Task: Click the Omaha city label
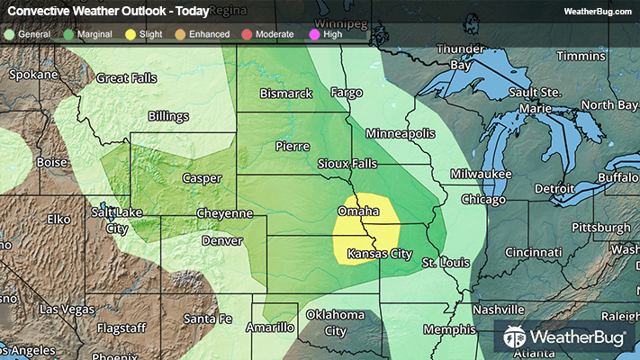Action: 356,211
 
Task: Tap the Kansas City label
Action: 381,254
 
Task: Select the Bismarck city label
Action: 285,93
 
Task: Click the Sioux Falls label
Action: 347,164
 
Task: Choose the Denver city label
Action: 221,241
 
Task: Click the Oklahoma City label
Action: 335,322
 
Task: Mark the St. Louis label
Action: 442,262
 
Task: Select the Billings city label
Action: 169,116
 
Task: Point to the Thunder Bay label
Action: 460,57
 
